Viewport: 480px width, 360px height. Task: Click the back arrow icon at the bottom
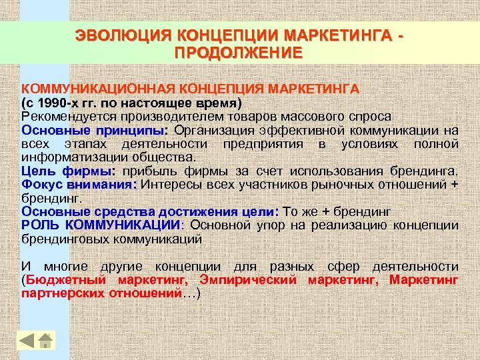click(x=27, y=340)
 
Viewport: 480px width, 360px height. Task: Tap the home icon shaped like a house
click(x=45, y=340)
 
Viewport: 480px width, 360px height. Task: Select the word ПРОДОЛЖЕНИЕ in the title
click(x=238, y=52)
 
